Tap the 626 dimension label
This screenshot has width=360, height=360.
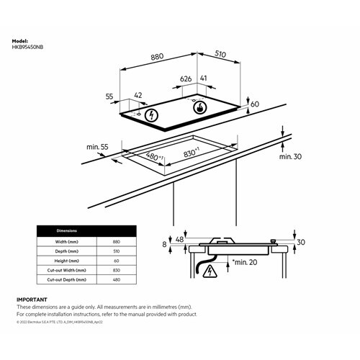coord(186,79)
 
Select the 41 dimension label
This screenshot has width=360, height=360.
coord(204,79)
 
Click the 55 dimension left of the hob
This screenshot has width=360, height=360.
coord(109,96)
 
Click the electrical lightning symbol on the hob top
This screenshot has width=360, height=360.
coord(150,114)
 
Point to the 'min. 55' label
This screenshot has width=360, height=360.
coord(97,147)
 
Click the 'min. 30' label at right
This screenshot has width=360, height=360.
coord(289,156)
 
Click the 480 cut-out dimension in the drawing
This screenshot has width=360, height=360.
coord(153,156)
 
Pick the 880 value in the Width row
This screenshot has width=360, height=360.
coord(116,243)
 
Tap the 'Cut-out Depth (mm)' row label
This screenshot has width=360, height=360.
coord(67,279)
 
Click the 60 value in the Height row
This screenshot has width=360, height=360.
coord(116,261)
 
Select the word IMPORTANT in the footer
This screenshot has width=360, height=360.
coord(32,299)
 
